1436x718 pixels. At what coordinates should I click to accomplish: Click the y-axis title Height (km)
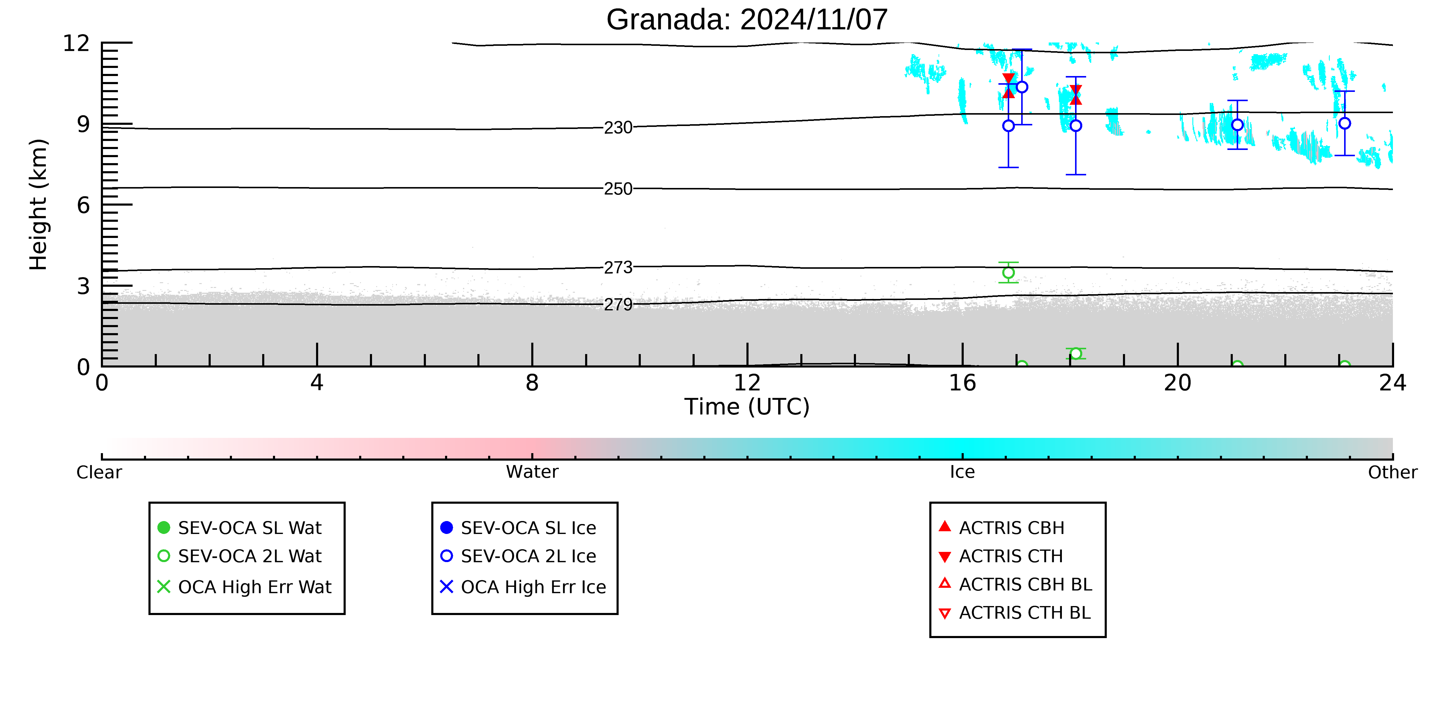coord(39,205)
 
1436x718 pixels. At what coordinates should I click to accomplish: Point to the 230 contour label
coord(618,128)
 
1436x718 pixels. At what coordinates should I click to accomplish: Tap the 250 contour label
coord(618,189)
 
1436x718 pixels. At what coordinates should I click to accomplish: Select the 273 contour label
coord(618,268)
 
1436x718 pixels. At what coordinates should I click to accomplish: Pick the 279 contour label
coord(618,305)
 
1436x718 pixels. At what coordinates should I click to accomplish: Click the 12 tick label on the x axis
coord(747,383)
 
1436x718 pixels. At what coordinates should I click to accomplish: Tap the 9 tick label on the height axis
coord(83,124)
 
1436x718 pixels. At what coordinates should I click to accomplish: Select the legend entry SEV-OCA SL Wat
coord(240,528)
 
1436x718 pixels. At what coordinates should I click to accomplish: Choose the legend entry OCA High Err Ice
coord(523,587)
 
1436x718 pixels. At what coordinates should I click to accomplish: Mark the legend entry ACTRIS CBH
coord(1002,528)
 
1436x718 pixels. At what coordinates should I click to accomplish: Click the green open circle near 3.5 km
coord(1008,273)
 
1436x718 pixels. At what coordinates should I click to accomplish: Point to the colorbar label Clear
coord(99,472)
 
